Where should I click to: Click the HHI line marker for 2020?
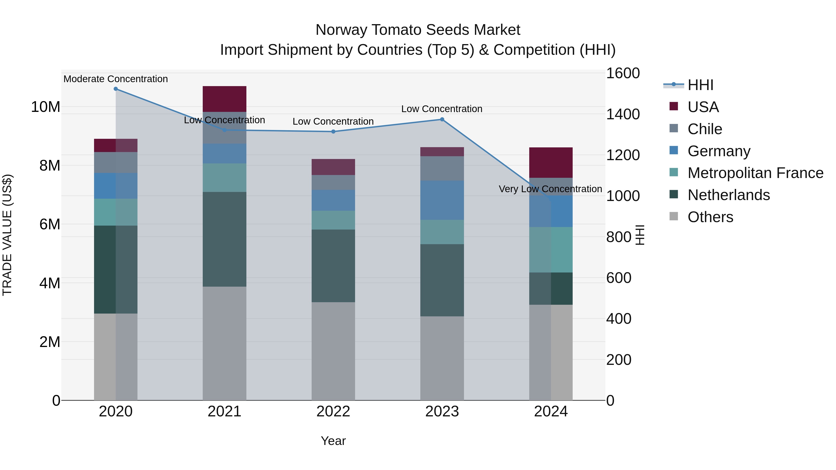coord(116,89)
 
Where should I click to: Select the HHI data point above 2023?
coord(442,119)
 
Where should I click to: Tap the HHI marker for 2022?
coord(333,132)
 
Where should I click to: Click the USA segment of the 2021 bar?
coord(224,99)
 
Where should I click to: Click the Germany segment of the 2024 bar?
coord(551,211)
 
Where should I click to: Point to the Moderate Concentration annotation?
coord(116,79)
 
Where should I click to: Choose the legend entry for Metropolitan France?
coord(755,173)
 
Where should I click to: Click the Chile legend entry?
coord(705,129)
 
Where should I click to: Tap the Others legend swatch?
coord(673,216)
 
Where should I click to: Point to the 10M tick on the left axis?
coord(46,107)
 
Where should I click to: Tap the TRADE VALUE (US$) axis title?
coord(7,235)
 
